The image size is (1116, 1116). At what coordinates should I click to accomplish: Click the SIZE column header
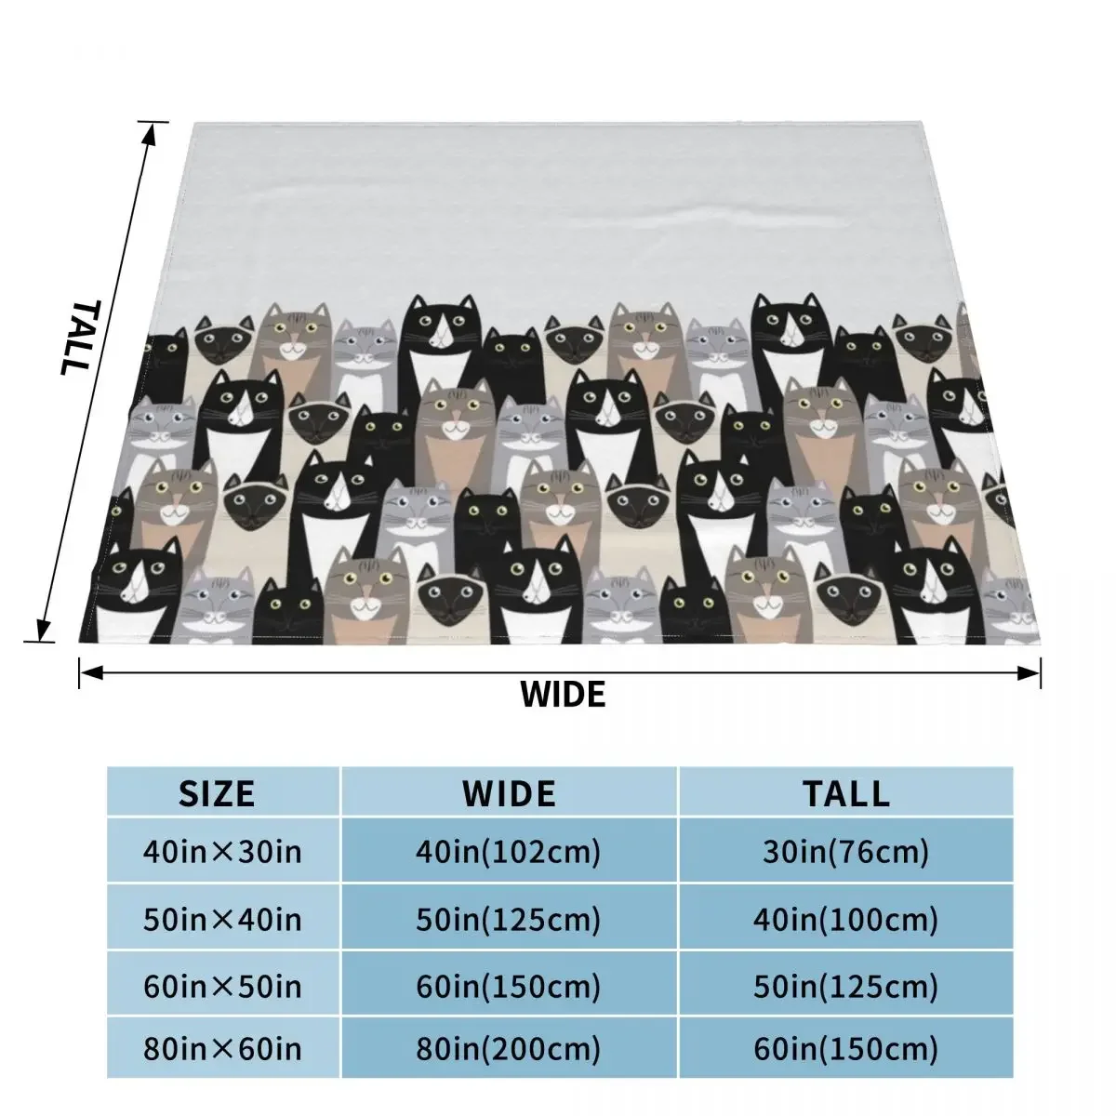pyautogui.click(x=217, y=793)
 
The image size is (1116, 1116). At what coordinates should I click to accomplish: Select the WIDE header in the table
pyautogui.click(x=509, y=793)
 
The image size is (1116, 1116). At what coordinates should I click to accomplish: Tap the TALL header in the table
pyautogui.click(x=846, y=793)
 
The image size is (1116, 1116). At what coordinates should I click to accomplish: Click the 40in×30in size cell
pyautogui.click(x=223, y=851)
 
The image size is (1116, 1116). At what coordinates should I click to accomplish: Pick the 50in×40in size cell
pyautogui.click(x=223, y=920)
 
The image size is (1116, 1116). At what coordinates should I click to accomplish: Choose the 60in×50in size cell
pyautogui.click(x=223, y=985)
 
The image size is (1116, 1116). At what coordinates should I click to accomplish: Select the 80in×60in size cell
pyautogui.click(x=223, y=1050)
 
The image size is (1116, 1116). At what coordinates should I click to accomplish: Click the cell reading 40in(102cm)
pyautogui.click(x=509, y=851)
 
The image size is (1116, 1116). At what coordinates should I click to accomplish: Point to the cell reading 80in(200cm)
pyautogui.click(x=509, y=1050)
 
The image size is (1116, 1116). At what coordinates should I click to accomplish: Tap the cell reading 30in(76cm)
pyautogui.click(x=846, y=851)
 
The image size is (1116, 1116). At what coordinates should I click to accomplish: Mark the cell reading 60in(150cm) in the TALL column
pyautogui.click(x=846, y=1050)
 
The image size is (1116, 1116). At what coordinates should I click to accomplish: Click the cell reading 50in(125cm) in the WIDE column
pyautogui.click(x=509, y=920)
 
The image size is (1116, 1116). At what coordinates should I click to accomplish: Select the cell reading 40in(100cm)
pyautogui.click(x=846, y=920)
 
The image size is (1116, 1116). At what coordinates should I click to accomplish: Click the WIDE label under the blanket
pyautogui.click(x=562, y=694)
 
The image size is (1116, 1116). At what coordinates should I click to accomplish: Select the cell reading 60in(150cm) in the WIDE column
pyautogui.click(x=509, y=985)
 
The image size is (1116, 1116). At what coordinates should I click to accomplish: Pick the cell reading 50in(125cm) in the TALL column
pyautogui.click(x=846, y=985)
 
